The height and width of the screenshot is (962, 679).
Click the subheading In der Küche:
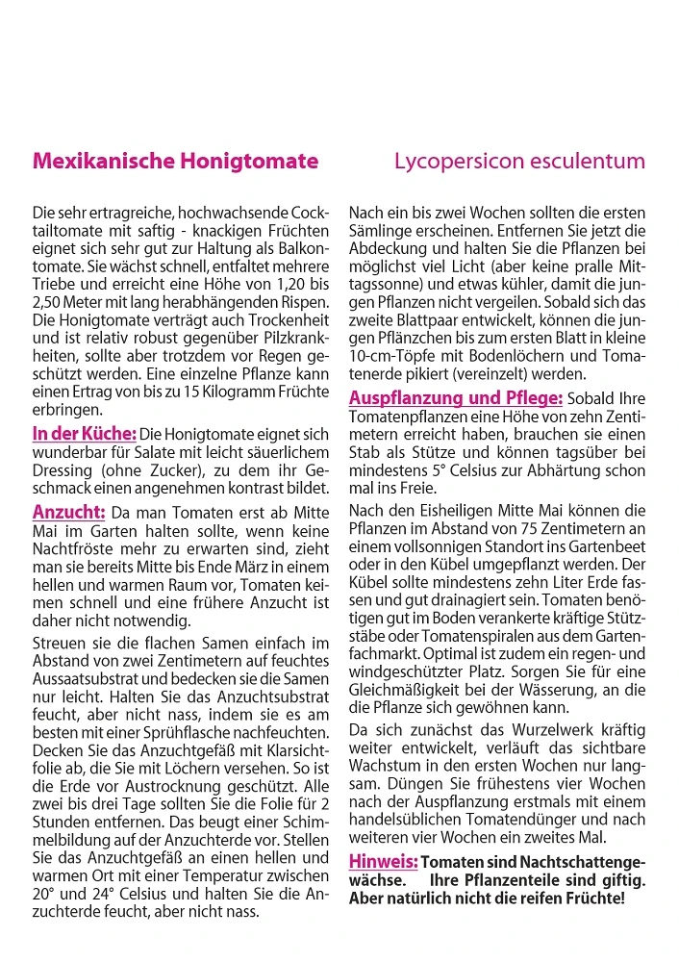click(x=85, y=435)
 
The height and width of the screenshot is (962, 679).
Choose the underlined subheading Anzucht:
click(x=68, y=512)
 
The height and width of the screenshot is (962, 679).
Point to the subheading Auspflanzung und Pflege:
click(x=456, y=398)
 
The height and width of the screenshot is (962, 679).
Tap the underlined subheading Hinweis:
click(x=383, y=861)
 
